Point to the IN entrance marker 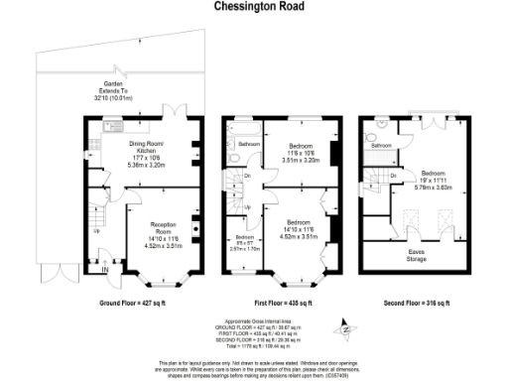tap(104, 268)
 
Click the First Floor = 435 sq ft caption tap(281, 303)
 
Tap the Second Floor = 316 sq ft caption tap(418, 303)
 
